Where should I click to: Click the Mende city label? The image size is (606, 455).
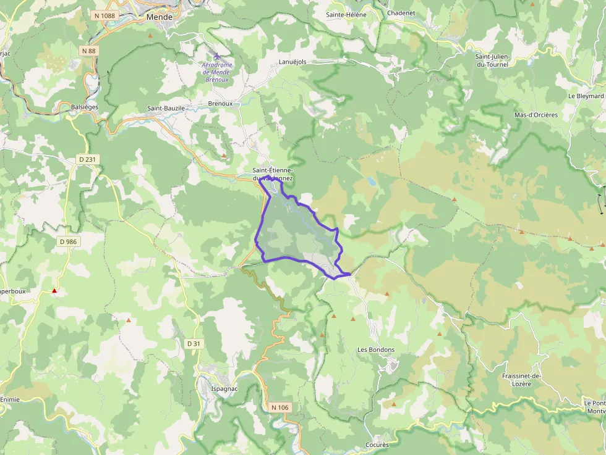pyautogui.click(x=159, y=17)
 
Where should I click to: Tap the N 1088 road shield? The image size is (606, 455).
pyautogui.click(x=106, y=15)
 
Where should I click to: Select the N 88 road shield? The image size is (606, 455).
pyautogui.click(x=88, y=51)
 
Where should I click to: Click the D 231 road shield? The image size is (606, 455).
pyautogui.click(x=88, y=159)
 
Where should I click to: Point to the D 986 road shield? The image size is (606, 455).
pyautogui.click(x=68, y=241)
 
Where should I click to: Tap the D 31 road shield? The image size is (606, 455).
pyautogui.click(x=194, y=343)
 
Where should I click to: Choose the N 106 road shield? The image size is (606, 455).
pyautogui.click(x=280, y=407)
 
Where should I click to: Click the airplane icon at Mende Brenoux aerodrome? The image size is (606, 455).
pyautogui.click(x=216, y=57)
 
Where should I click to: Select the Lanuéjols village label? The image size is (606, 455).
pyautogui.click(x=292, y=62)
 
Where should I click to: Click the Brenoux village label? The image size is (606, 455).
pyautogui.click(x=220, y=104)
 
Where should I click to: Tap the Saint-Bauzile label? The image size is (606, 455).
pyautogui.click(x=166, y=108)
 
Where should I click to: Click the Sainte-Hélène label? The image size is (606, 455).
pyautogui.click(x=346, y=15)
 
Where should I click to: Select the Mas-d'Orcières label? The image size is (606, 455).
pyautogui.click(x=536, y=115)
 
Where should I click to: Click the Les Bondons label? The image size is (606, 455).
pyautogui.click(x=376, y=349)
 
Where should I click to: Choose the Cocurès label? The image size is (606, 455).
pyautogui.click(x=377, y=445)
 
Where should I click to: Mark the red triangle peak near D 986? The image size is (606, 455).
pyautogui.click(x=54, y=290)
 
